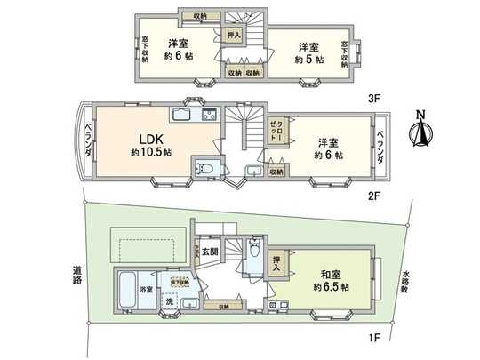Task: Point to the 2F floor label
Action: [x=376, y=196]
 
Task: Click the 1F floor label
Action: [x=376, y=337]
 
